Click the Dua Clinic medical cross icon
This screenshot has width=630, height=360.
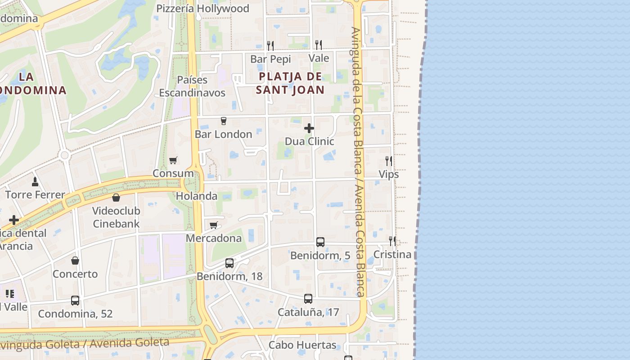[x=309, y=128]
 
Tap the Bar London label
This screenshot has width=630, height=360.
[x=223, y=134]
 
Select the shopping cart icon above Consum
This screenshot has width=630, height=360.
[x=173, y=160]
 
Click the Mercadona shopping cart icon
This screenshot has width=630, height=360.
[x=214, y=225]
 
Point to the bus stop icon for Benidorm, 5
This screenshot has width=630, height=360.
[x=320, y=242]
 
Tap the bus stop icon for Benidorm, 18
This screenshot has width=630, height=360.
[x=229, y=263]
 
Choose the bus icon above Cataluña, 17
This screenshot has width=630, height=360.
[x=308, y=299]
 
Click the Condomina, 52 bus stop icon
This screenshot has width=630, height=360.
[x=75, y=301]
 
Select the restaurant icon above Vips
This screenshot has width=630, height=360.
[x=389, y=161]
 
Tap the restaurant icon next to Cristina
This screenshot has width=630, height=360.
[x=392, y=241]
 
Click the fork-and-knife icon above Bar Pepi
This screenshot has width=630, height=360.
[x=270, y=45]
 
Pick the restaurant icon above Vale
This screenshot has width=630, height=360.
[x=319, y=45]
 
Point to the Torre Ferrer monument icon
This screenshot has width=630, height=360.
[x=35, y=182]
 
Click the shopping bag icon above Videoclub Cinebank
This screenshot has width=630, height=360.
[x=116, y=198]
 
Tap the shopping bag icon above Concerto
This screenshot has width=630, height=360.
[x=75, y=261]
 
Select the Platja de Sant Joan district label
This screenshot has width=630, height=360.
[x=290, y=83]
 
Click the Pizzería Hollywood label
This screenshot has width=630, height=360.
[x=202, y=9]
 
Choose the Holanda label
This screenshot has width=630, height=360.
[x=197, y=196]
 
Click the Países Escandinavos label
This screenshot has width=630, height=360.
[x=192, y=86]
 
